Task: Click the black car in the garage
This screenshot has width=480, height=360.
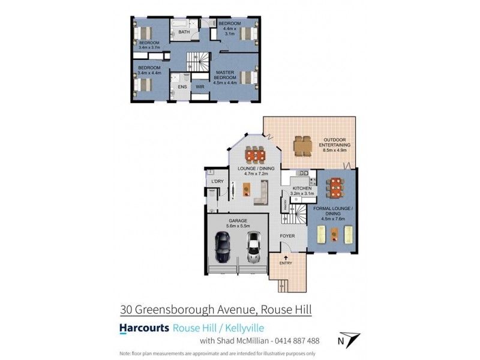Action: (x=222, y=247)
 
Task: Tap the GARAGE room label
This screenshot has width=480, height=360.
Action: (x=238, y=221)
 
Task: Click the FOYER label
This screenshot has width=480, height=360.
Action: (x=288, y=236)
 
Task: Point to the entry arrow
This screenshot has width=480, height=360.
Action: (x=286, y=257)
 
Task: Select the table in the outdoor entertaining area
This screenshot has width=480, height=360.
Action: (x=302, y=145)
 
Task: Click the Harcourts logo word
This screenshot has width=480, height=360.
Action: (x=143, y=328)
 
